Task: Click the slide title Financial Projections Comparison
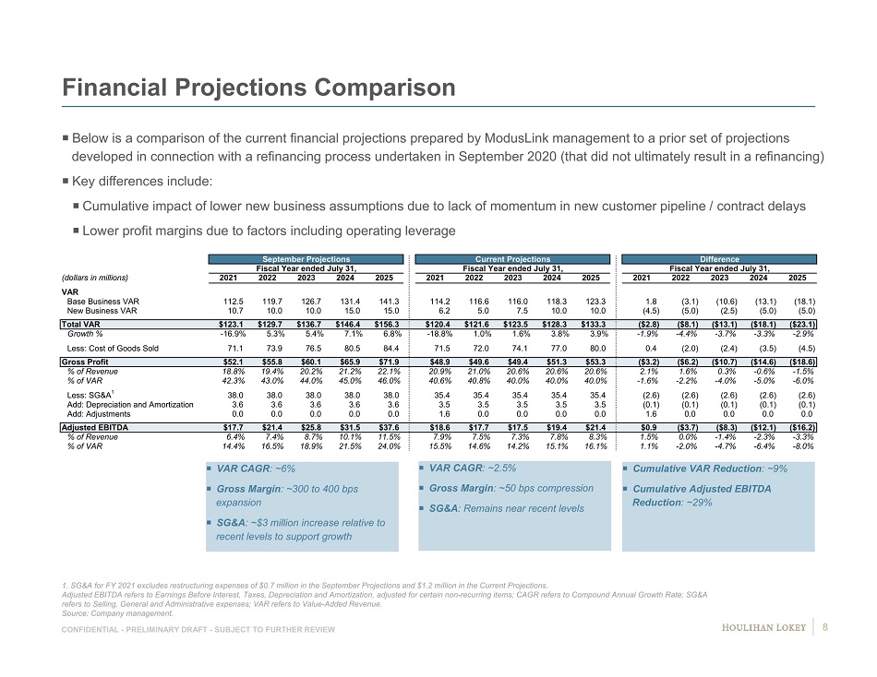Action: (258, 88)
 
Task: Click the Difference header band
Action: (719, 259)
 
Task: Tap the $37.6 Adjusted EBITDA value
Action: (387, 428)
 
